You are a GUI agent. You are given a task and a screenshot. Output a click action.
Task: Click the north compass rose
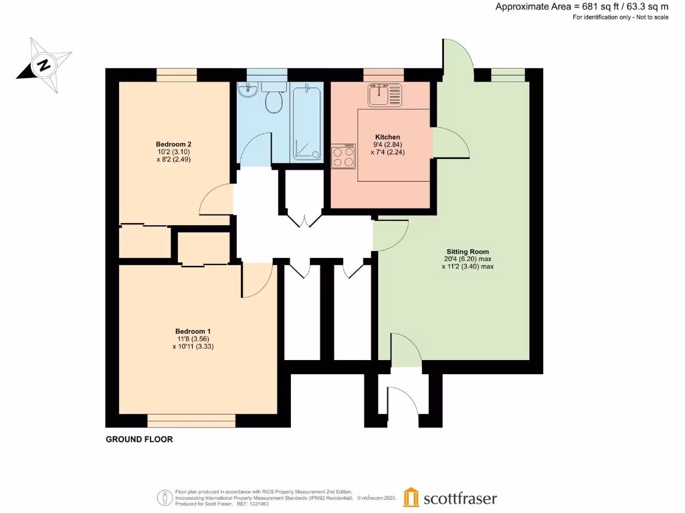point(43,65)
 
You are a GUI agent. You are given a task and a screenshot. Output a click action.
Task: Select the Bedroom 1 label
point(193,331)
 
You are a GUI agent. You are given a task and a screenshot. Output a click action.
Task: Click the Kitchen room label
point(387,137)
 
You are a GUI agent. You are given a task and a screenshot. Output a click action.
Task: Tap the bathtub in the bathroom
point(306,122)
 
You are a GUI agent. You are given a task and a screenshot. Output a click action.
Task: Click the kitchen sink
point(384,95)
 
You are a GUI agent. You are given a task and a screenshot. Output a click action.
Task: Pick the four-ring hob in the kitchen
point(343,157)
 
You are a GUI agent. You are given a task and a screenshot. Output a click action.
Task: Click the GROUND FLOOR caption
point(139,440)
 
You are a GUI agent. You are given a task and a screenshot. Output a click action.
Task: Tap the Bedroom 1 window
point(191,420)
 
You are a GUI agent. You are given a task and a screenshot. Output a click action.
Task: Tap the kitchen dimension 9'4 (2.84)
point(387,144)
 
